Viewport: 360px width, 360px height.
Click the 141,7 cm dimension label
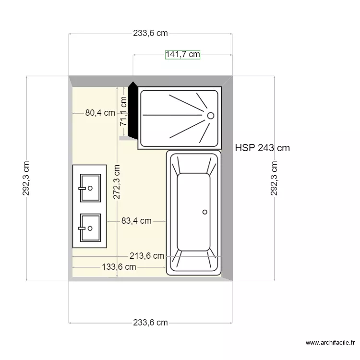[182, 55]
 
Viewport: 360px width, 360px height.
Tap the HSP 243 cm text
[263, 148]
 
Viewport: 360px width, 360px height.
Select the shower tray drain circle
[211, 116]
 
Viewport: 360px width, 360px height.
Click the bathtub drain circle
[205, 212]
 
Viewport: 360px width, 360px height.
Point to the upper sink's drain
[90, 188]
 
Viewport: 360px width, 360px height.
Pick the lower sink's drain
[90, 228]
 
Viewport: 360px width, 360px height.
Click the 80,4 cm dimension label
[100, 113]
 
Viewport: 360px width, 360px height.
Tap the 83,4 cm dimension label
[136, 221]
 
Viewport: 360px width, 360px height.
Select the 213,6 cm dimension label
[147, 256]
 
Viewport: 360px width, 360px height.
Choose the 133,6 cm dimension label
[119, 267]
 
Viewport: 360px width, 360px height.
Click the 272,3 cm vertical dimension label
[117, 181]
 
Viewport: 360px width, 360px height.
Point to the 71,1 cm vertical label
[123, 111]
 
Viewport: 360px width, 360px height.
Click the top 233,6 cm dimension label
[150, 33]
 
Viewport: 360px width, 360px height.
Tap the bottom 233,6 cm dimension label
[150, 323]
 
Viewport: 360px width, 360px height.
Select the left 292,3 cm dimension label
[26, 178]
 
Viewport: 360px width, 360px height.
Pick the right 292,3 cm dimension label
[274, 178]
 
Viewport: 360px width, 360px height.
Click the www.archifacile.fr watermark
[330, 343]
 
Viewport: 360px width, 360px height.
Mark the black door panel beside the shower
[132, 110]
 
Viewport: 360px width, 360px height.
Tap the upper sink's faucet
[82, 188]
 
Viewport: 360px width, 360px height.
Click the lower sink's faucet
[82, 228]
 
